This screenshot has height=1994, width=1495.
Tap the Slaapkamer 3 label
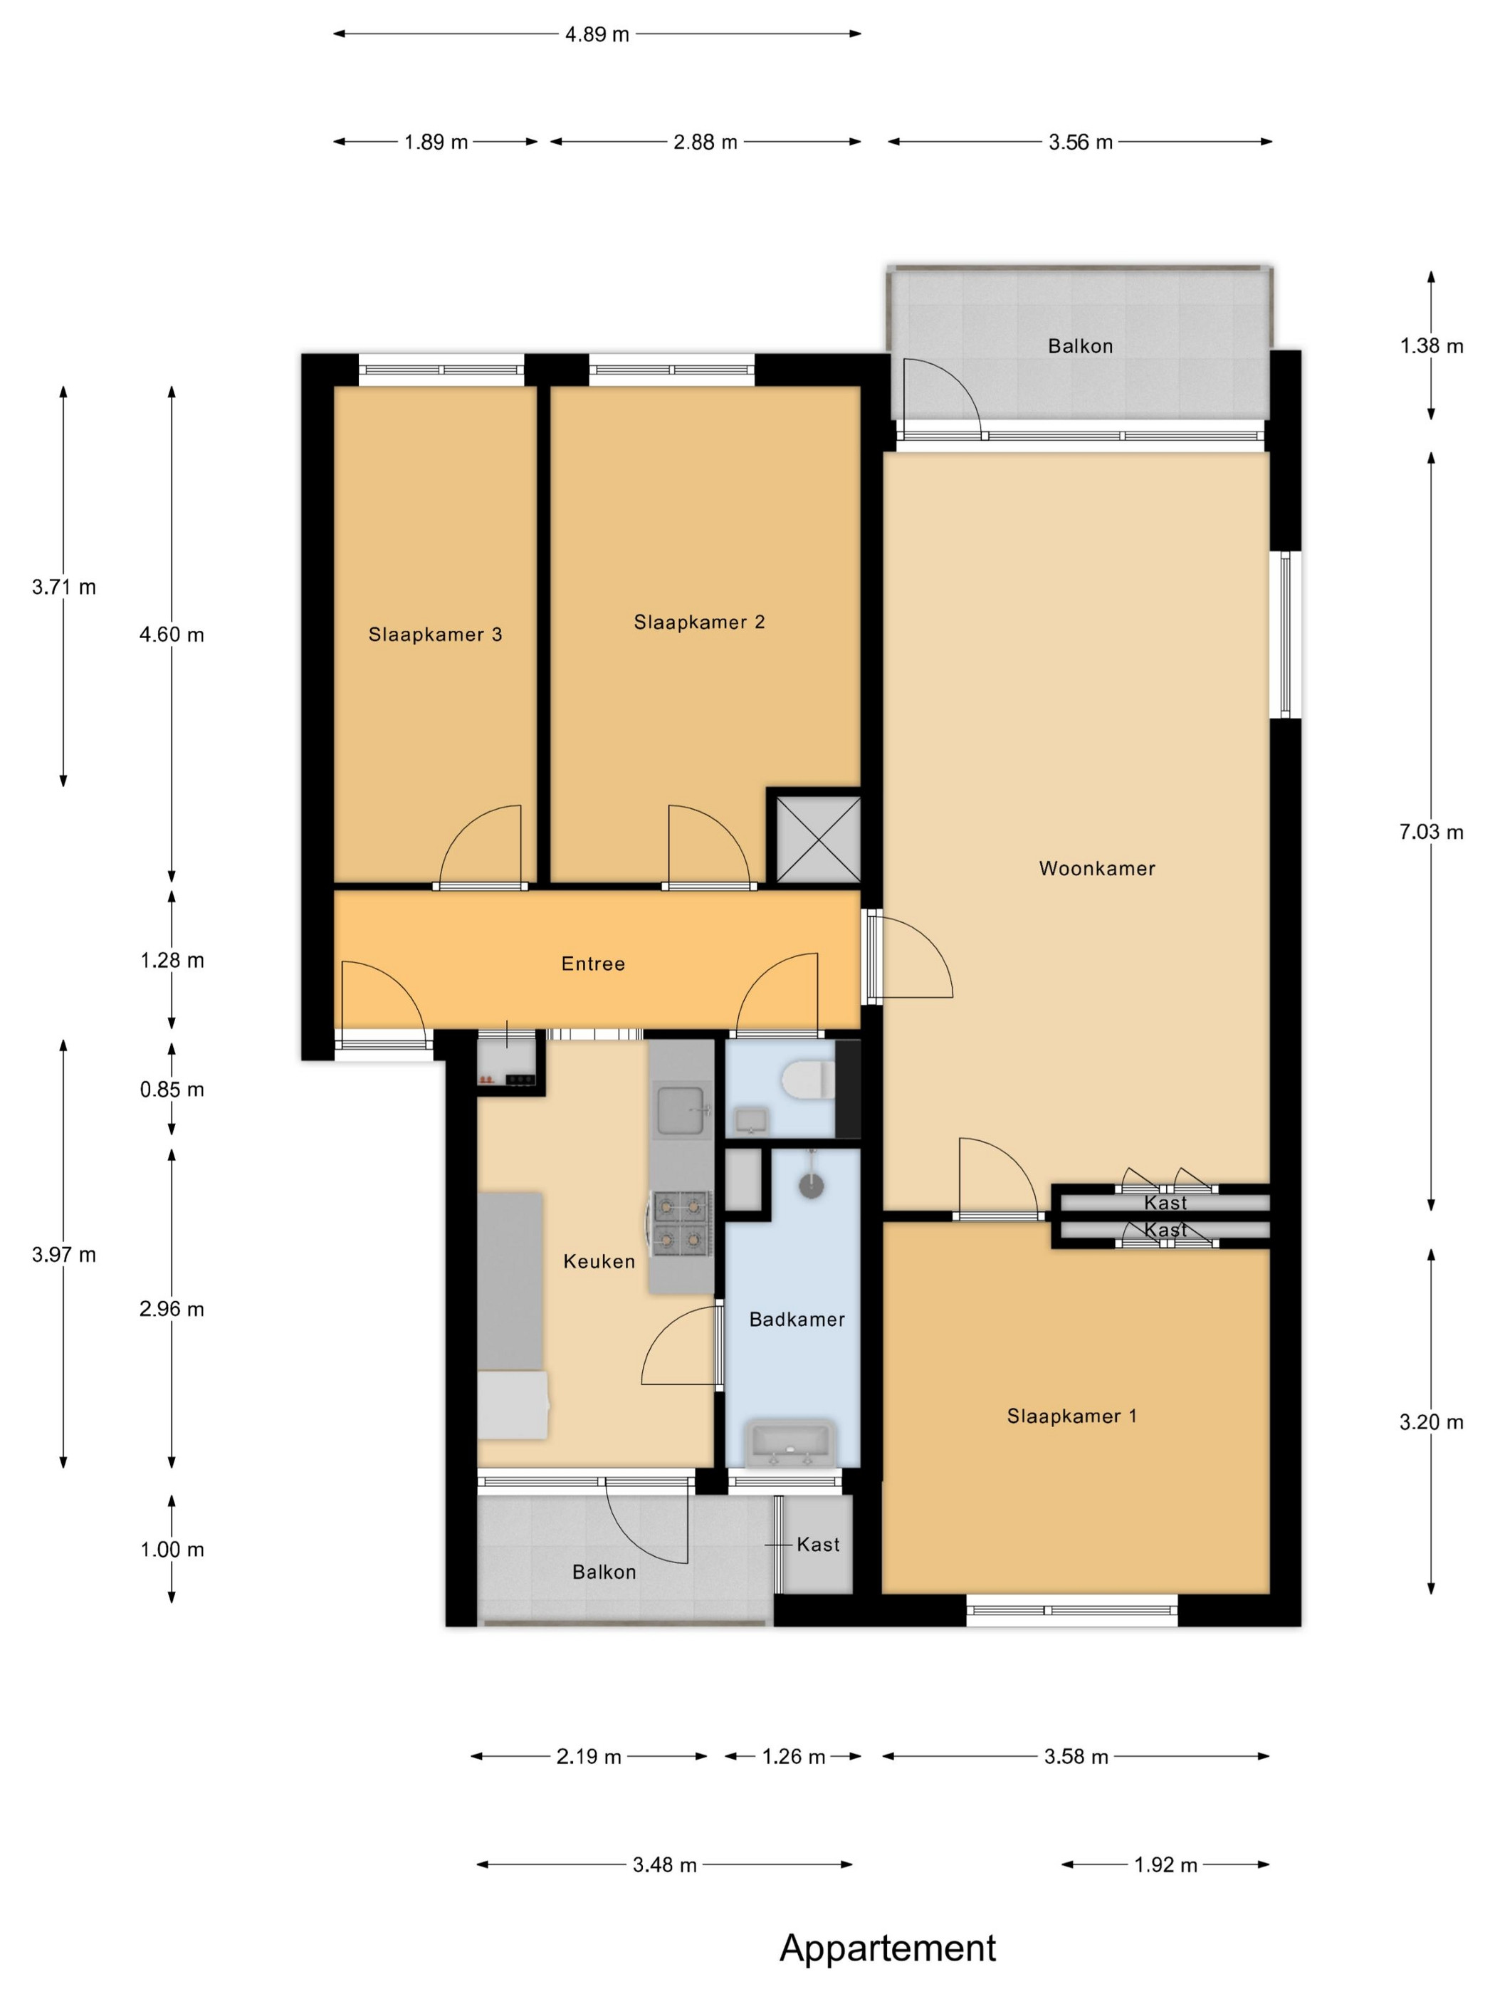(434, 635)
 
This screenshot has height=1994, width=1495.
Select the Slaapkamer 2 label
(698, 622)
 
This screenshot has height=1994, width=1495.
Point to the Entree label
(592, 964)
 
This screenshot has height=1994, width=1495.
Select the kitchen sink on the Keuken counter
(681, 1110)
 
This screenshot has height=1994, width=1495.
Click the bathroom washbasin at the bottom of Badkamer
(790, 1442)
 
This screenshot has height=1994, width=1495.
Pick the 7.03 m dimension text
(1430, 832)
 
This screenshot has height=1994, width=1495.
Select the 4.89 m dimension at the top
(597, 34)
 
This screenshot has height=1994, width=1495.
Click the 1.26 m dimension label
(793, 1757)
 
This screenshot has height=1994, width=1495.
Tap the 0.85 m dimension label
(172, 1090)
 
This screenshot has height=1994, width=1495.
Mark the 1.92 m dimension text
(1165, 1865)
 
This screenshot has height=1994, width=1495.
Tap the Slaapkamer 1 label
(1071, 1416)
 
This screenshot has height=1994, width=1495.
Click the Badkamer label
(797, 1320)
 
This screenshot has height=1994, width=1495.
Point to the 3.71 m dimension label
(63, 587)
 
